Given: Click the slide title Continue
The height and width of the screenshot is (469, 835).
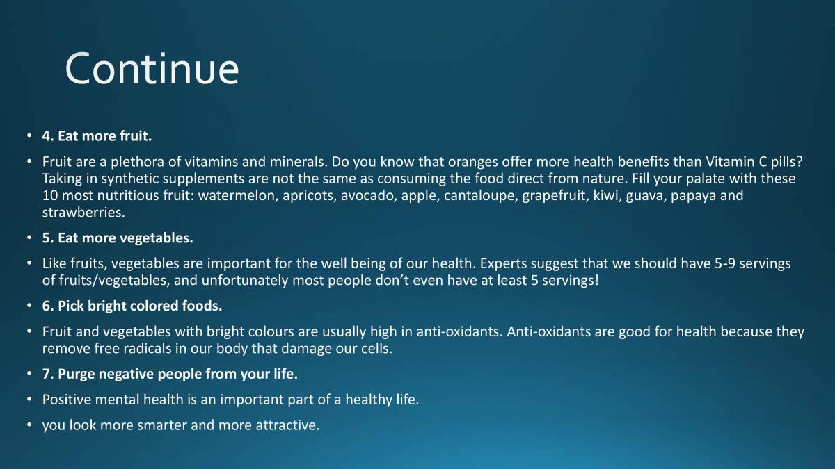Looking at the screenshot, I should pos(152,68).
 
